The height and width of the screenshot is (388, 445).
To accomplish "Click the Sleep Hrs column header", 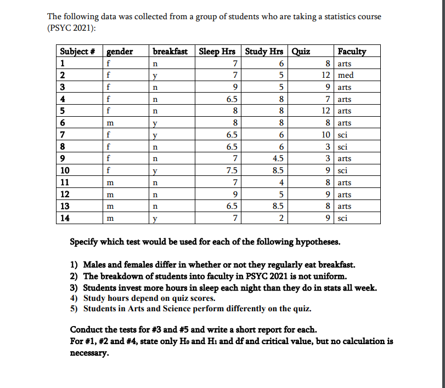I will (217, 52).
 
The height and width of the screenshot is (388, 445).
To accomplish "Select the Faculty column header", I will (352, 52).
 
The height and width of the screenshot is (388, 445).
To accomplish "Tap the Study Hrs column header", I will (264, 52).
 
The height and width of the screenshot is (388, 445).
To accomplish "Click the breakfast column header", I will (170, 52).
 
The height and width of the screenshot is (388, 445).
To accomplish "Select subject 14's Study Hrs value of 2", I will (280, 218).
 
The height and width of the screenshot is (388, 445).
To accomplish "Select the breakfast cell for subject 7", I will (155, 135).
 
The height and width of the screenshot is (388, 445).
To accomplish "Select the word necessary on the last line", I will (89, 353).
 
